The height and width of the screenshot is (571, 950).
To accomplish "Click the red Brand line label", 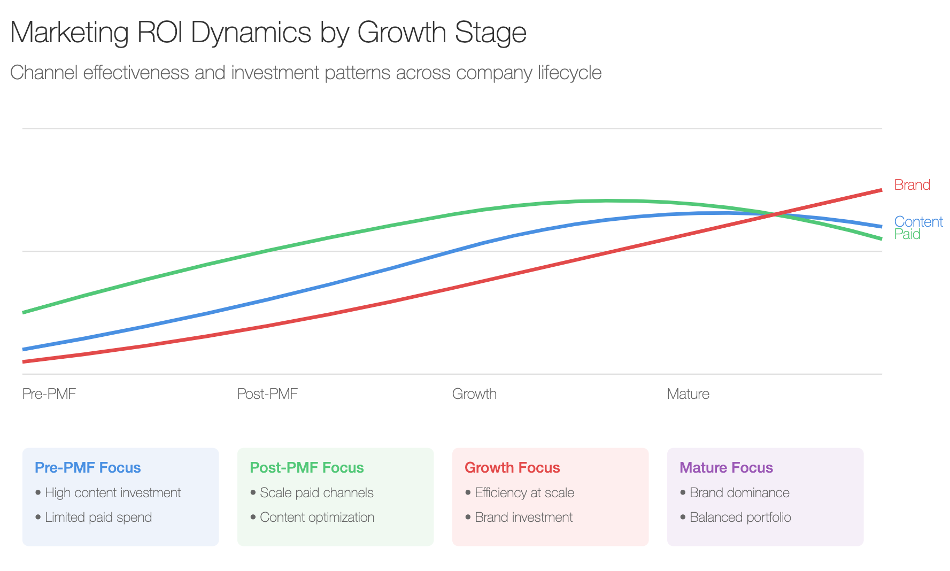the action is tap(912, 185).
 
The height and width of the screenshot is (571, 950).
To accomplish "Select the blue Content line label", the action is tap(918, 221).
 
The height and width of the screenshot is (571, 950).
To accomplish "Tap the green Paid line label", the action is tap(907, 234).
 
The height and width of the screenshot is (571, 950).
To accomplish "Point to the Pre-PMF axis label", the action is tap(49, 394).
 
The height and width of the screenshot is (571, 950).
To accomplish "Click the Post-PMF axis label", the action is tap(267, 394).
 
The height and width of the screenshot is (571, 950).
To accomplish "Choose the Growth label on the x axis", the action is tap(474, 394).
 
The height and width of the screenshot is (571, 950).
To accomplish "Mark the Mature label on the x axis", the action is tap(688, 394).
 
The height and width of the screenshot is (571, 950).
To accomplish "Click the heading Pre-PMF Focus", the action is tap(88, 468).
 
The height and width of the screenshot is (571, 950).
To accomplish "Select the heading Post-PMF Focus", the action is tap(307, 468).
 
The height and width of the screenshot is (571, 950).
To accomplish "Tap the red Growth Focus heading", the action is tap(512, 468).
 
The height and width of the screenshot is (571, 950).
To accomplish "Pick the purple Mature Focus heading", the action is tap(726, 468).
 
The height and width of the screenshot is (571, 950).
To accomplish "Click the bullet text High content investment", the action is tap(113, 492).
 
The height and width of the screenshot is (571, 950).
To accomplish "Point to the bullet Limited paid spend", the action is tap(98, 517).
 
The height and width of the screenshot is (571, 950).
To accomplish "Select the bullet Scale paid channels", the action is tap(316, 492).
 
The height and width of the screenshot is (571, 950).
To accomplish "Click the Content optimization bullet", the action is tap(317, 517).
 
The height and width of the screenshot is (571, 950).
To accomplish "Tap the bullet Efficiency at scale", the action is tap(524, 492).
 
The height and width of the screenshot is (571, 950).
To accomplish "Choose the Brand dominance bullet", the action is tap(739, 492).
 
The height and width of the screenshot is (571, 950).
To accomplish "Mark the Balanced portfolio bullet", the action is tap(740, 517).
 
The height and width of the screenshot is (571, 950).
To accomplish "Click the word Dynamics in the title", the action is tap(251, 33).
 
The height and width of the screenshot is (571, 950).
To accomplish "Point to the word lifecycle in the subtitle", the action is tap(569, 73).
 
